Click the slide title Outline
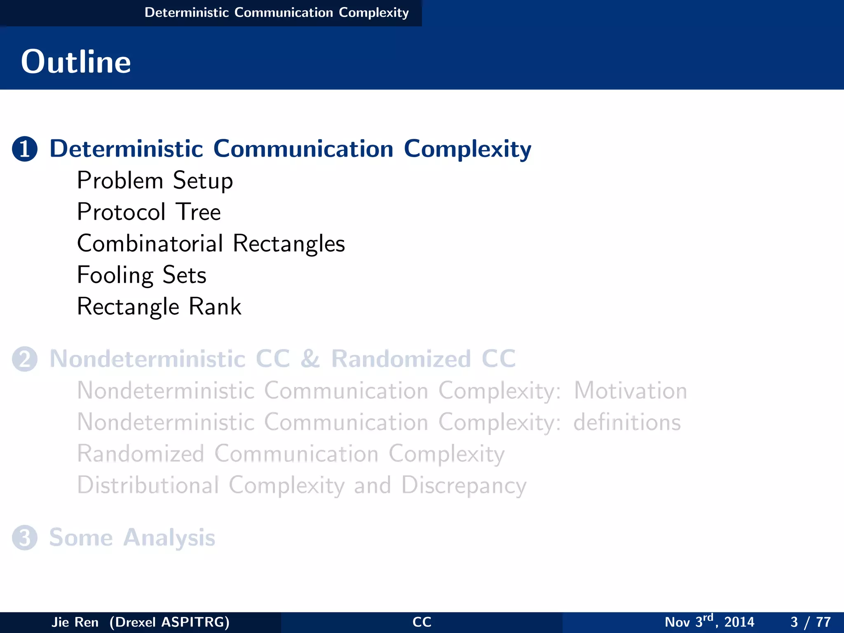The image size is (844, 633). pyautogui.click(x=76, y=62)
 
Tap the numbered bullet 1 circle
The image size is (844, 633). pyautogui.click(x=25, y=149)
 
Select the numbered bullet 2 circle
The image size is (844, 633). pyautogui.click(x=25, y=359)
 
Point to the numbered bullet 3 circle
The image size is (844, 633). pyautogui.click(x=25, y=538)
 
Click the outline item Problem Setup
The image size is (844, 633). pyautogui.click(x=155, y=181)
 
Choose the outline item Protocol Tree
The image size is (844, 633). pyautogui.click(x=149, y=212)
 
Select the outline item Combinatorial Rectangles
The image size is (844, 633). pyautogui.click(x=211, y=244)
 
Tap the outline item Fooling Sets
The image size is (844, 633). pyautogui.click(x=141, y=275)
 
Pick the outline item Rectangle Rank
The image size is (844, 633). pyautogui.click(x=159, y=307)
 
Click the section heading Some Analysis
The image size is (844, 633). pyautogui.click(x=132, y=538)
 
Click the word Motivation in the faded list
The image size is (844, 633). pyautogui.click(x=631, y=391)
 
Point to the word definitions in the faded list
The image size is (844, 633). pyautogui.click(x=627, y=422)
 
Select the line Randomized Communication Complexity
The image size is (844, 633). pyautogui.click(x=291, y=454)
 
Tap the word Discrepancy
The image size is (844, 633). pyautogui.click(x=464, y=485)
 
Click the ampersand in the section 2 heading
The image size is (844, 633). pyautogui.click(x=310, y=359)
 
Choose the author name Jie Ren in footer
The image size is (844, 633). pyautogui.click(x=75, y=622)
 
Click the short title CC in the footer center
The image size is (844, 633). pyautogui.click(x=422, y=622)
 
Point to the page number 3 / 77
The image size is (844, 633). pyautogui.click(x=810, y=622)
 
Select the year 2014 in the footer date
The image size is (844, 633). pyautogui.click(x=739, y=622)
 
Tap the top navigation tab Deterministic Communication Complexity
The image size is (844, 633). pyautogui.click(x=277, y=13)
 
